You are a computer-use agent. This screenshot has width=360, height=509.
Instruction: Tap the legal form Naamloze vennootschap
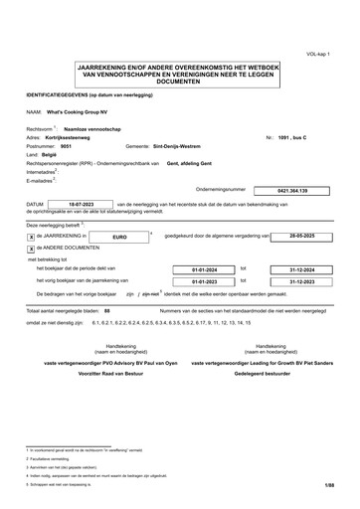pos(92,128)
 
